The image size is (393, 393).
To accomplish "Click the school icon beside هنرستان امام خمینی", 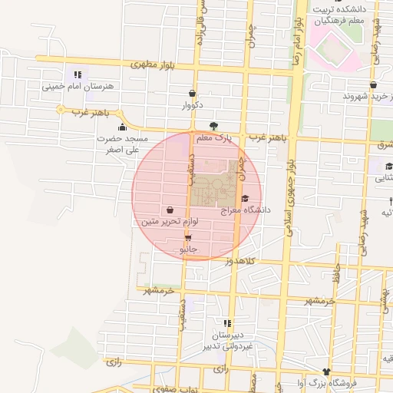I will pos(78,74).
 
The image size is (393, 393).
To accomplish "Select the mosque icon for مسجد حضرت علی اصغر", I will pos(121,127).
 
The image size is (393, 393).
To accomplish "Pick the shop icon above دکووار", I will pos(192,94).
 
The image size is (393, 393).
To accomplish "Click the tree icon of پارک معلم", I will pos(213,127).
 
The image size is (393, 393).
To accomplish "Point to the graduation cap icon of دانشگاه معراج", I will pos(244,198).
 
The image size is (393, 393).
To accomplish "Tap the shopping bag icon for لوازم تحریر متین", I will pos(169,209).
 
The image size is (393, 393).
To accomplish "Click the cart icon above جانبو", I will pos(188,238).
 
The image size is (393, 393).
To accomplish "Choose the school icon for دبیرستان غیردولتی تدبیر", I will pos(226,323).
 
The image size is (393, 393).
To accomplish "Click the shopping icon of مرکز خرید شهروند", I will pos(373,85).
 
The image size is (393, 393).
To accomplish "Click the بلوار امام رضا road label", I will pos(296,40).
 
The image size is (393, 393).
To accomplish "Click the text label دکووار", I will pos(191,104).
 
